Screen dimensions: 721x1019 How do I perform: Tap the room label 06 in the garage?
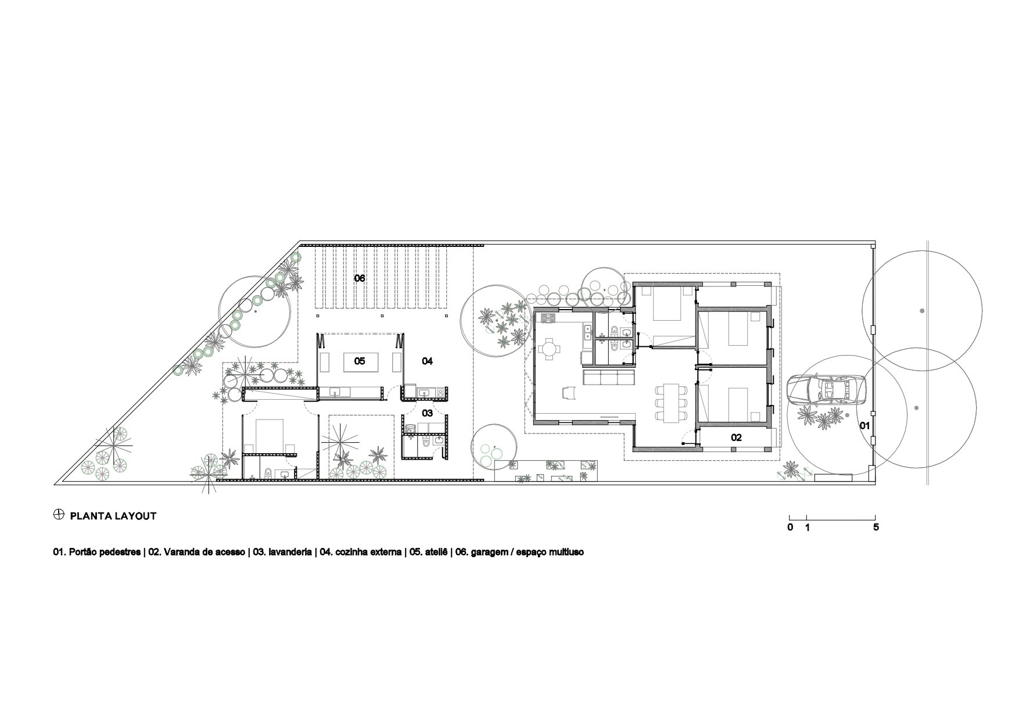360,278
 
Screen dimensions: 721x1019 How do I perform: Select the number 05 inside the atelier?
360,361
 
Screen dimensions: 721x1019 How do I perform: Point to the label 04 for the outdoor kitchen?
427,361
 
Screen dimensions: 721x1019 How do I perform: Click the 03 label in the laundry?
427,413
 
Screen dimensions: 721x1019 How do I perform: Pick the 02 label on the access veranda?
736,437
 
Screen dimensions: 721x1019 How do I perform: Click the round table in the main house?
550,350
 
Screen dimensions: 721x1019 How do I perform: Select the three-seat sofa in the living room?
608,378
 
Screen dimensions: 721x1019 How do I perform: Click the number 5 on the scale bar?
876,528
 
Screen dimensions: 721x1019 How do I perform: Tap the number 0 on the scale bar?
790,528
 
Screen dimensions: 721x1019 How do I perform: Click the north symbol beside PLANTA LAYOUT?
58,515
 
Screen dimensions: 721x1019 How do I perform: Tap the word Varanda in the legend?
180,553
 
